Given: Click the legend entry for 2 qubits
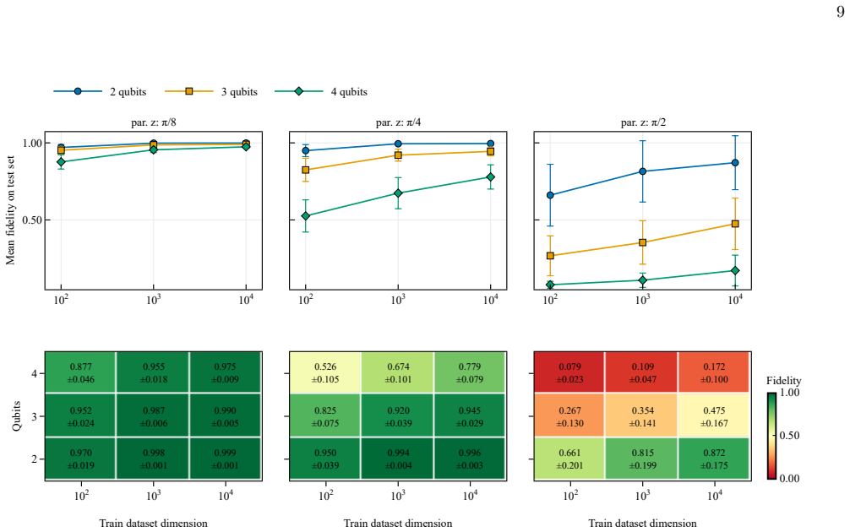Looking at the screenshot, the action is click(x=101, y=91).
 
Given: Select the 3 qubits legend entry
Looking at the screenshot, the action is click(x=211, y=91).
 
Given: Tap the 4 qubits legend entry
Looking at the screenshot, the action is click(x=321, y=91).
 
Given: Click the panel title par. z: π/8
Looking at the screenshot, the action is click(x=154, y=122).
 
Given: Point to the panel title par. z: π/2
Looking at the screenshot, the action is click(x=643, y=122).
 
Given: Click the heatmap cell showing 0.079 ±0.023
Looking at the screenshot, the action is click(x=569, y=372).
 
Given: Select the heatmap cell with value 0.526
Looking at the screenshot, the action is click(x=325, y=372).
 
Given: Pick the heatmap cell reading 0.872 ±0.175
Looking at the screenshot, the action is click(x=714, y=459).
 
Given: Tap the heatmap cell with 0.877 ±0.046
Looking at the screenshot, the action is click(x=81, y=372).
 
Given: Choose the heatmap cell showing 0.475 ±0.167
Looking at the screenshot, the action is click(x=714, y=416).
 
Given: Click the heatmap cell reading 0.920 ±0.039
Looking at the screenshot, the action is click(x=398, y=416).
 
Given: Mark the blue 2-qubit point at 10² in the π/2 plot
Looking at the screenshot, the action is click(x=550, y=195).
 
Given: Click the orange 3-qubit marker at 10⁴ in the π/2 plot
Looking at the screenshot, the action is click(x=735, y=224).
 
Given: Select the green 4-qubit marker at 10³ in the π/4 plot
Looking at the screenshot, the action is click(x=398, y=193).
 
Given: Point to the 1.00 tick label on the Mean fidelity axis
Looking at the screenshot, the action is click(x=31, y=143).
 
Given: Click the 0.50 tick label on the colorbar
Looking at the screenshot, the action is click(x=789, y=436).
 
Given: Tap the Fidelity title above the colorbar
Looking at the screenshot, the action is click(x=784, y=381).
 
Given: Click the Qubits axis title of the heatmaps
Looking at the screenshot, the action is click(x=17, y=416).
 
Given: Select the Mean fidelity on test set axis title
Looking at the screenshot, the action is click(x=10, y=211).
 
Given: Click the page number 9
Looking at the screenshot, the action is click(x=840, y=12).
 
